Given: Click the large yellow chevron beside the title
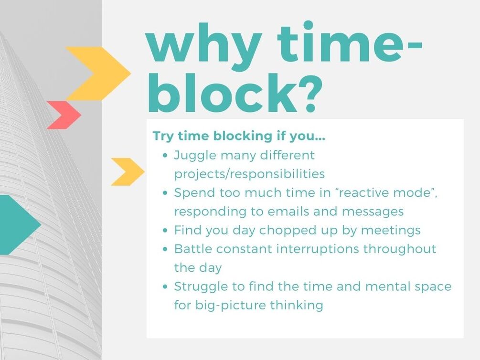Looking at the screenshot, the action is point(98,74).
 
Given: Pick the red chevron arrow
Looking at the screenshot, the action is point(64,115).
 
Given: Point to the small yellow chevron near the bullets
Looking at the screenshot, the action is point(128,172).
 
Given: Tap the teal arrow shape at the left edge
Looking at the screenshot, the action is point(21,225).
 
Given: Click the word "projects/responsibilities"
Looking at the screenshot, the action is point(249,174).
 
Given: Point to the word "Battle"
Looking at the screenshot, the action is point(193,249).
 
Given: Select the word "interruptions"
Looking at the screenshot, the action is point(318,249).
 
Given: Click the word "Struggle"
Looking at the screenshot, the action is point(201,287).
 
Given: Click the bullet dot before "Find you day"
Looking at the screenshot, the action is point(165,231).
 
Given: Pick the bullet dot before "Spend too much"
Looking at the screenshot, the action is point(165,193).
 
